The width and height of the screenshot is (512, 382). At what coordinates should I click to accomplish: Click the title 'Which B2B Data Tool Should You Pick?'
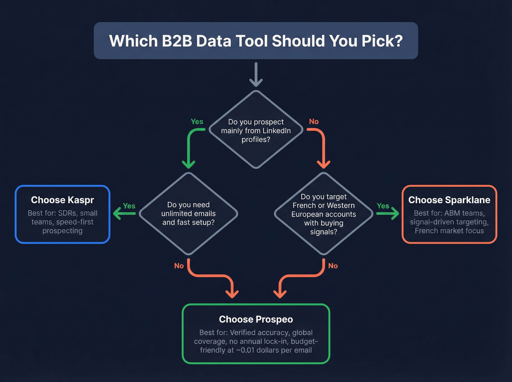pos(256,41)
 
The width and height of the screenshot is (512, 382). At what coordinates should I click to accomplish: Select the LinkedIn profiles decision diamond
pos(256,130)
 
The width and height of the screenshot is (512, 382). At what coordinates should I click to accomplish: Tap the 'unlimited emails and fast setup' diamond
pos(188,213)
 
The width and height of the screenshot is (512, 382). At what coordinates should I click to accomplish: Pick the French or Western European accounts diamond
pos(324,214)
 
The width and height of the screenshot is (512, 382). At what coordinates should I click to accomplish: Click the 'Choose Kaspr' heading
pos(63,200)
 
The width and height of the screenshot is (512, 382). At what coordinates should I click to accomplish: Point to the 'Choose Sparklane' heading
pos(449,200)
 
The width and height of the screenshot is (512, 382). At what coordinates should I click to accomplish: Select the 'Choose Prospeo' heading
pos(256,319)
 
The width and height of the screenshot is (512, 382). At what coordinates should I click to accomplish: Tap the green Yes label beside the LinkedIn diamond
pos(197,122)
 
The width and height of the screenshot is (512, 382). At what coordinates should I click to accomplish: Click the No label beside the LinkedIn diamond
pos(314,122)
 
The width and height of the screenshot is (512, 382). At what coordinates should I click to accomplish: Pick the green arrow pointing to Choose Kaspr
pos(124,213)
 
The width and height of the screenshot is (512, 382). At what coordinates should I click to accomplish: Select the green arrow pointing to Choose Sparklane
pos(388,213)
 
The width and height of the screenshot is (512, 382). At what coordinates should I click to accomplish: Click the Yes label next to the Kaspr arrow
pos(129,206)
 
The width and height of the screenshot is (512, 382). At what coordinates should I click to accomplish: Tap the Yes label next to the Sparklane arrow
pos(383,206)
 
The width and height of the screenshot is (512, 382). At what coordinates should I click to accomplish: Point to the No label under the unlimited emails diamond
pos(179,266)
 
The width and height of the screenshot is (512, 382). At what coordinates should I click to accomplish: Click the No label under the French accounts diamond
pos(333,266)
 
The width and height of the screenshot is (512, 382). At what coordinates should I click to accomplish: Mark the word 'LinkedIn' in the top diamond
pos(276,131)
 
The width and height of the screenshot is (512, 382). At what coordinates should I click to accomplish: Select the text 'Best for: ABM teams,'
pos(449,213)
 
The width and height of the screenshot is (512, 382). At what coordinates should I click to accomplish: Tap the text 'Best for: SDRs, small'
pos(63,213)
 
